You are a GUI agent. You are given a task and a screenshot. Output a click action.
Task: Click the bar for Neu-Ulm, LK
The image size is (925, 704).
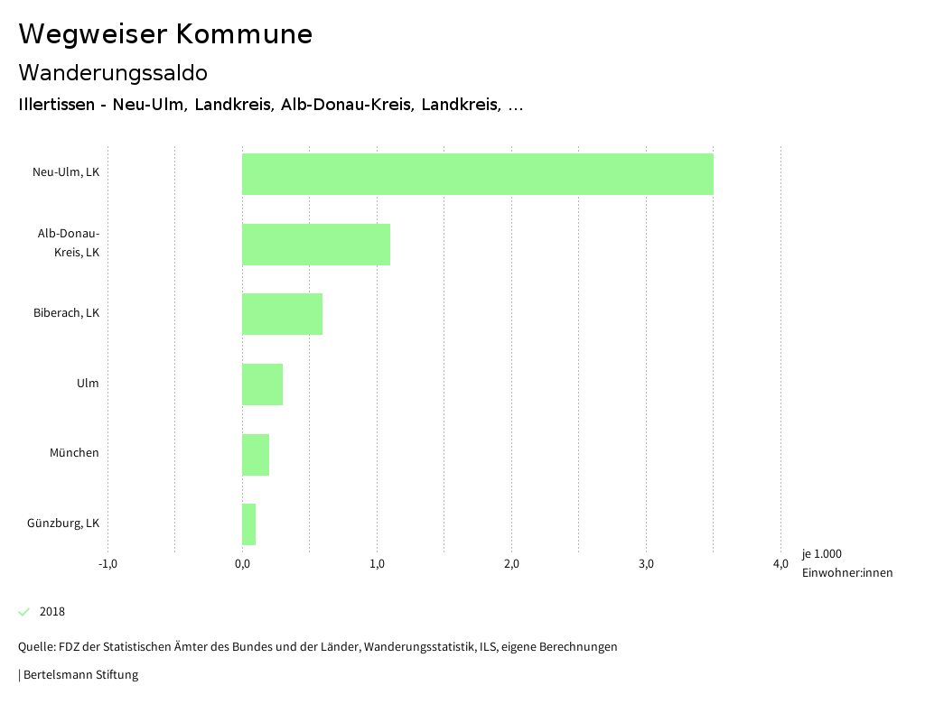(477, 174)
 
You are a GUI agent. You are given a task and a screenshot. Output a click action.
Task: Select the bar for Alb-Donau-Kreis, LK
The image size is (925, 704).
(316, 245)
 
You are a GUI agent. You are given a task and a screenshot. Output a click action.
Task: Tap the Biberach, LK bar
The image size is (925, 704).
(282, 314)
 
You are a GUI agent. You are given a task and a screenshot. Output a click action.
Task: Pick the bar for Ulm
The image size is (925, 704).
(262, 384)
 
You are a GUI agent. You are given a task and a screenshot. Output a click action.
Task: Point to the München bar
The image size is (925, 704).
(256, 454)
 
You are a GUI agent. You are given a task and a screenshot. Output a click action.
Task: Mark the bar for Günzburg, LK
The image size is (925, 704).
(249, 524)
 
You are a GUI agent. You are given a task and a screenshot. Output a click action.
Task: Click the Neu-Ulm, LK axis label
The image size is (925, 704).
(66, 172)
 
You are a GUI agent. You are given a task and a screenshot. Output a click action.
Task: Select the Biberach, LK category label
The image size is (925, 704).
(66, 313)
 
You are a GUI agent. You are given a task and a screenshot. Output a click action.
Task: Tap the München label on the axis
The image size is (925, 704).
(74, 453)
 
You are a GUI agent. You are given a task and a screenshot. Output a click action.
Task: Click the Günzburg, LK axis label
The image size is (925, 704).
(63, 523)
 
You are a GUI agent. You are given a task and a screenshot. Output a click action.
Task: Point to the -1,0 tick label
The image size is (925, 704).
(107, 564)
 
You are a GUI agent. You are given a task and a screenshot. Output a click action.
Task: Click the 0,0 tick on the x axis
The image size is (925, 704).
(242, 564)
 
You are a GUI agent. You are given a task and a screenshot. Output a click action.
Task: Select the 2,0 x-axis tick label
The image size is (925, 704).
(511, 564)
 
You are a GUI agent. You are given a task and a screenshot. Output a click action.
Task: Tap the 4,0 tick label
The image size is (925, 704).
(780, 564)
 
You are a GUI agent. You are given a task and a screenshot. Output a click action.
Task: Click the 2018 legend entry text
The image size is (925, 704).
(52, 612)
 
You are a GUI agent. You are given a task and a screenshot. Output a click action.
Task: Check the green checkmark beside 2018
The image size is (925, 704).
(24, 612)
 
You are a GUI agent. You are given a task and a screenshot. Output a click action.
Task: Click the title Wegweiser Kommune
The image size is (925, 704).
(165, 34)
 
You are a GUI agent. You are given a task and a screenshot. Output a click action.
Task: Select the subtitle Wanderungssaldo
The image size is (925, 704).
(113, 72)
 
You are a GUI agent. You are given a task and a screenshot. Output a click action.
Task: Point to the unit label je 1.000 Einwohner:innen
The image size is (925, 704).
(846, 563)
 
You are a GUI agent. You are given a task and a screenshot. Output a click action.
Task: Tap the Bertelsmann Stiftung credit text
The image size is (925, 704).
(79, 675)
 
